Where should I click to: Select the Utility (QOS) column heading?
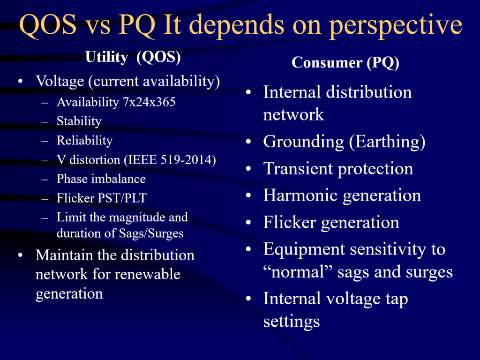click(x=133, y=57)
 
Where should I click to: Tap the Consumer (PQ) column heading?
click(x=345, y=63)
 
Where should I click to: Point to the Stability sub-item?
click(x=79, y=121)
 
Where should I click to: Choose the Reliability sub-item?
click(x=84, y=141)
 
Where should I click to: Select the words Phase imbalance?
click(x=101, y=179)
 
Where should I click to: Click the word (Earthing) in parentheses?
click(x=387, y=142)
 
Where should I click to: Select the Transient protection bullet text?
click(x=338, y=169)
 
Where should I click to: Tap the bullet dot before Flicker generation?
click(x=248, y=223)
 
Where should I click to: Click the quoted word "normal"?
click(x=298, y=272)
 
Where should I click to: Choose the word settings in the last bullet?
click(x=292, y=322)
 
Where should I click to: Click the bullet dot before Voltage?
click(x=20, y=82)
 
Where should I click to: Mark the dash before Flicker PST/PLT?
click(x=45, y=199)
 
